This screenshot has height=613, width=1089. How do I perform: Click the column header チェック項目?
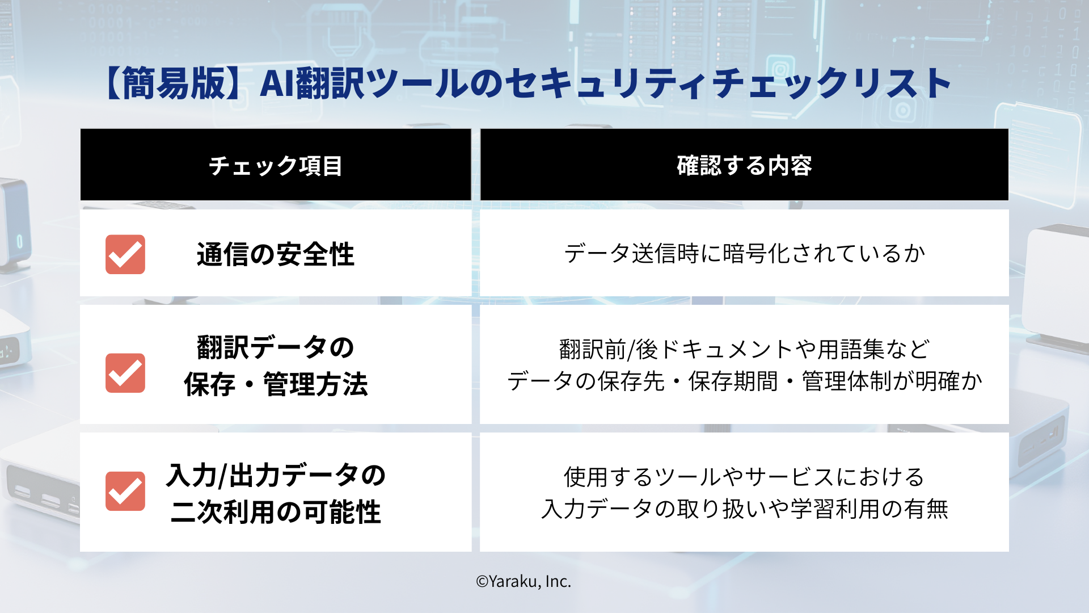[x=276, y=166]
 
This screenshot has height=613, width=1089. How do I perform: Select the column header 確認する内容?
[x=744, y=166]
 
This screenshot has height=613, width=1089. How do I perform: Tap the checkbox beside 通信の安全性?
[x=125, y=254]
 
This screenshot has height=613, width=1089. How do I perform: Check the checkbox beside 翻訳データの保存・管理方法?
[x=125, y=373]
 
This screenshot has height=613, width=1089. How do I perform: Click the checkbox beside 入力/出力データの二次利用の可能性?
[x=125, y=491]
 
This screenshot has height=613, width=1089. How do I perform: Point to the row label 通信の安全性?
[x=276, y=254]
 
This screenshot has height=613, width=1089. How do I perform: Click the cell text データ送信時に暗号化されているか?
[x=744, y=253]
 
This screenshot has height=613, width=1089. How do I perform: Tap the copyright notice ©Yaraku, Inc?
[x=524, y=581]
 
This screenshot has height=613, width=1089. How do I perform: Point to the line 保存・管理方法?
[x=276, y=385]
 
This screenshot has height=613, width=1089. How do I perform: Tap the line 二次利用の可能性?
[x=276, y=512]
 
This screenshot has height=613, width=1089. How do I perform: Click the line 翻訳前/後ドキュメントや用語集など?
[x=744, y=350]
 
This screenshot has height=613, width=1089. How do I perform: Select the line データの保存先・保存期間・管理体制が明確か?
[x=744, y=381]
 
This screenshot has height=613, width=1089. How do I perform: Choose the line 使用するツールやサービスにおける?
[x=744, y=477]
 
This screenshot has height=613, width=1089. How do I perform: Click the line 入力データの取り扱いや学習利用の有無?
[x=744, y=509]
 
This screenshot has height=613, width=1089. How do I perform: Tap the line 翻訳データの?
[x=276, y=347]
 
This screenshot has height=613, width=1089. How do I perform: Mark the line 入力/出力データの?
[x=276, y=476]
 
